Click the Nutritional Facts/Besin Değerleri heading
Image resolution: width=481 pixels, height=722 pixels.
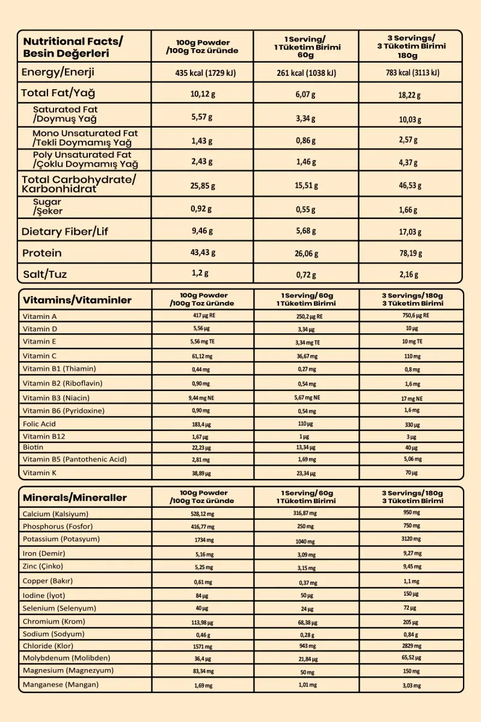click(72, 48)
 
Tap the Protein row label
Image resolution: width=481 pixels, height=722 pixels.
click(42, 253)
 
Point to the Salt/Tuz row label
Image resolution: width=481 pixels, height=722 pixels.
click(45, 274)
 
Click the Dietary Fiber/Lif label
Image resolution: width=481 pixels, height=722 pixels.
click(65, 232)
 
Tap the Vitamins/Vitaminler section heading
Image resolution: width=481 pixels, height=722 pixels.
click(77, 300)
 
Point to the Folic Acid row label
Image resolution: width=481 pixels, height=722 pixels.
click(39, 424)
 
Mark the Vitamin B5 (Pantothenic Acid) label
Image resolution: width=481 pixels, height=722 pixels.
click(75, 459)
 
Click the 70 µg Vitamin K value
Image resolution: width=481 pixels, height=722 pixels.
click(411, 473)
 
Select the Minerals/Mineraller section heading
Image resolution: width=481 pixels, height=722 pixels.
click(75, 498)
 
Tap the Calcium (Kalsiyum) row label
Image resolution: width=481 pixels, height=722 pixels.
click(55, 514)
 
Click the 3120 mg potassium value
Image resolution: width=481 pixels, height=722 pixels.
click(411, 539)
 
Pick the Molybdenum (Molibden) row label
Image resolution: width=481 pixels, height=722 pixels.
click(66, 658)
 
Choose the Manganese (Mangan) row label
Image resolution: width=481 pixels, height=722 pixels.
click(61, 685)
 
